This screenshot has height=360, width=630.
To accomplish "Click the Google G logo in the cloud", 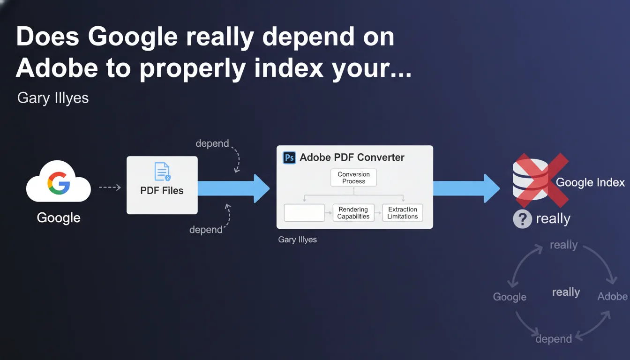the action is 59,183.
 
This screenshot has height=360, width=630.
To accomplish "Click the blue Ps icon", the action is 289,157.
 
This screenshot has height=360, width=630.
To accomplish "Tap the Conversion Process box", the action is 353,178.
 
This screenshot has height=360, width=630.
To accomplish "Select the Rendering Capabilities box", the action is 353,213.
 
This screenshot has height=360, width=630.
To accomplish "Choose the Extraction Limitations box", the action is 403,213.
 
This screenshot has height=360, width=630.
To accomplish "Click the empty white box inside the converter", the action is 304,213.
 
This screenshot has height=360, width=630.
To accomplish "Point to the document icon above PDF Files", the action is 162,172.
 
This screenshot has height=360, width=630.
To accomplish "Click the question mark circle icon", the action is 522,219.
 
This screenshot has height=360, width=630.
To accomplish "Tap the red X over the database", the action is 542,180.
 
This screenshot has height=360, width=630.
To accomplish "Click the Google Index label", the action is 590,182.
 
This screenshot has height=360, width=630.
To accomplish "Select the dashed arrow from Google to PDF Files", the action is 110,187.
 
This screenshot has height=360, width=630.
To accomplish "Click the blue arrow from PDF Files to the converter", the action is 234,188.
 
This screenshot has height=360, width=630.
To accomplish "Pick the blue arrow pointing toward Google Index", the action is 466,188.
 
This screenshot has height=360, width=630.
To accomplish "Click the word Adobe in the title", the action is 57,68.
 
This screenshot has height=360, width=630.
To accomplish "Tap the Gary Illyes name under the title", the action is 53,98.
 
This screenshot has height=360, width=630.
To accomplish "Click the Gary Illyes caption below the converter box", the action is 297,240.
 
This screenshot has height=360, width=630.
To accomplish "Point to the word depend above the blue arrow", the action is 212,143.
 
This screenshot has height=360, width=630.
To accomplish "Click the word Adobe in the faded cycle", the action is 612,296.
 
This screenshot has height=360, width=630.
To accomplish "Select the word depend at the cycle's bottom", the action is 554,339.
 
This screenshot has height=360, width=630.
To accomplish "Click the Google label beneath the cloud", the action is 59,218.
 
